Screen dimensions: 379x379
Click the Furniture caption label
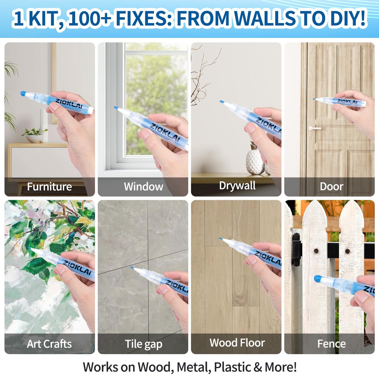click(49, 187)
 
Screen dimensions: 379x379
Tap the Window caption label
click(143, 187)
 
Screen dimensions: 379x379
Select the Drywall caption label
click(237, 186)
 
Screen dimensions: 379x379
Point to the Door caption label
click(331, 186)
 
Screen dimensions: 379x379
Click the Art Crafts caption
click(49, 344)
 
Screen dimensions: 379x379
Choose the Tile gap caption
click(143, 344)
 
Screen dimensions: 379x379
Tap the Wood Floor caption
click(237, 343)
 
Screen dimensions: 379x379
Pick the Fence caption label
click(331, 344)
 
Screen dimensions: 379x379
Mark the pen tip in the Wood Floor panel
click(221, 239)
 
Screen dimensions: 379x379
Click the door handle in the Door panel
click(314, 128)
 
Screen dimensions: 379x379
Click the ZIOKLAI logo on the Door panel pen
click(347, 102)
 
